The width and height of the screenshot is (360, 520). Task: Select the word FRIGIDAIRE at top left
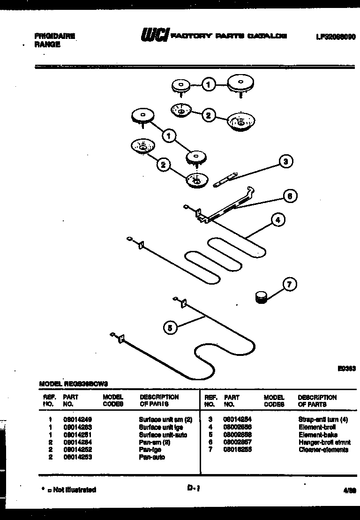54,36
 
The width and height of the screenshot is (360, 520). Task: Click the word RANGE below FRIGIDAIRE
47,45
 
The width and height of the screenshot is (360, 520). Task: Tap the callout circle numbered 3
286,162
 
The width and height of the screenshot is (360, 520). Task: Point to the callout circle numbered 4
278,219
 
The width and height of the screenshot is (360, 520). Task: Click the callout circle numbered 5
171,328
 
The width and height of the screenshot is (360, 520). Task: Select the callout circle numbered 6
290,196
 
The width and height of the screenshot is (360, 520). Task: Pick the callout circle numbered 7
290,285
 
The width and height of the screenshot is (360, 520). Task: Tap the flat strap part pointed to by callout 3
225,178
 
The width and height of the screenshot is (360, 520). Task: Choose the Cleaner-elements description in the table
323,450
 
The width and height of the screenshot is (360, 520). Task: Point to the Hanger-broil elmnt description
323,442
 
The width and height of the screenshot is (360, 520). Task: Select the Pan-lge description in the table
150,450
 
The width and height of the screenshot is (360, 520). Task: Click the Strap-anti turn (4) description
322,420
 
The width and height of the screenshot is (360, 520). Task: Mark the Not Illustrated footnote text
74,490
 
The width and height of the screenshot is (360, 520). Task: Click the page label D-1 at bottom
194,489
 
